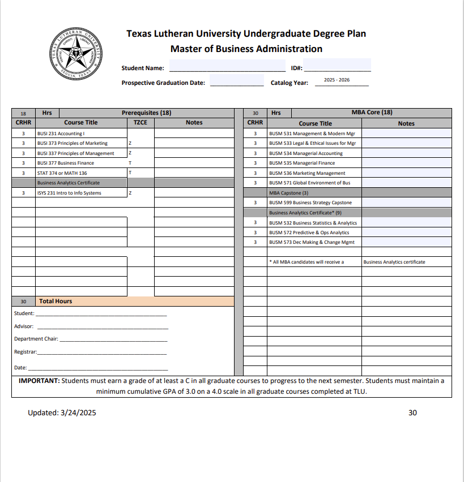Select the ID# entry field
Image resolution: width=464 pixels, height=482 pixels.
(337, 67)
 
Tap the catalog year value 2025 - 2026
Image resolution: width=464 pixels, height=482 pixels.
(337, 80)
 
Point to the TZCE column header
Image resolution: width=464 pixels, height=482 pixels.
(141, 122)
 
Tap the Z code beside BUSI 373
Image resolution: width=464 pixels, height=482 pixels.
(130, 143)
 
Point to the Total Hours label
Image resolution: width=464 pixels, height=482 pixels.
(56, 301)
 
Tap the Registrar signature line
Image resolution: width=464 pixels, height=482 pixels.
(102, 352)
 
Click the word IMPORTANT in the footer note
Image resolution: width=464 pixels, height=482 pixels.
(39, 381)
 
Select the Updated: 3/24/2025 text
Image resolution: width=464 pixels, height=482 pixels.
(62, 412)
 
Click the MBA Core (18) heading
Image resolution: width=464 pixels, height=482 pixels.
(372, 113)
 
